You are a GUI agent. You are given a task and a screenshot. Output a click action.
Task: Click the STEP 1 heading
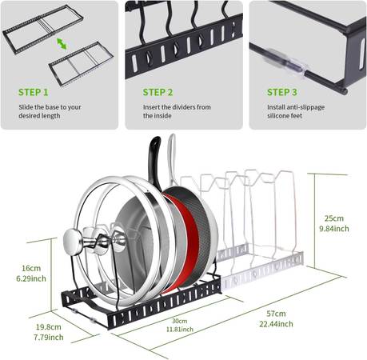click(34, 92)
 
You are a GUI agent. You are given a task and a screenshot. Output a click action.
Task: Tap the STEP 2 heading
click(158, 92)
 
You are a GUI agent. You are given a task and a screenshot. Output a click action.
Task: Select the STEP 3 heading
click(282, 92)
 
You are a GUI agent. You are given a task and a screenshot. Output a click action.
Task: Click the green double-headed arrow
click(62, 44)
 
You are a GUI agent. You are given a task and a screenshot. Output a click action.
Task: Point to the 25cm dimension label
click(334, 218)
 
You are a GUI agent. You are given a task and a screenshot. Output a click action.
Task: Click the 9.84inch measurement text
click(334, 229)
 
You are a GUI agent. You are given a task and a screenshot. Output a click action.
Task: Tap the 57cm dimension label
click(276, 314)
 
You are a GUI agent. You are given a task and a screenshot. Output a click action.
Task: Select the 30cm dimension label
click(179, 321)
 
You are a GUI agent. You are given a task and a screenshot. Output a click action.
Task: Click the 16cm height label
click(31, 268)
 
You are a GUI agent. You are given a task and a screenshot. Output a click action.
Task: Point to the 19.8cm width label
click(49, 327)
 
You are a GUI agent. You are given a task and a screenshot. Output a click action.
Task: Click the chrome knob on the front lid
click(74, 240)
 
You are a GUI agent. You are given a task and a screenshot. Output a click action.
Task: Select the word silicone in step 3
click(277, 116)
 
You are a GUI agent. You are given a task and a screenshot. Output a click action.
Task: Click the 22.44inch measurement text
click(276, 324)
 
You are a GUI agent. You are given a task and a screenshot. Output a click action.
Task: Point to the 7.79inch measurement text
click(49, 338)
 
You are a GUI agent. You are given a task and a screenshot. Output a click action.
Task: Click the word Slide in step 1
click(26, 107)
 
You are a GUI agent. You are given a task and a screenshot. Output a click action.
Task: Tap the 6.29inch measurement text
click(31, 278)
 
